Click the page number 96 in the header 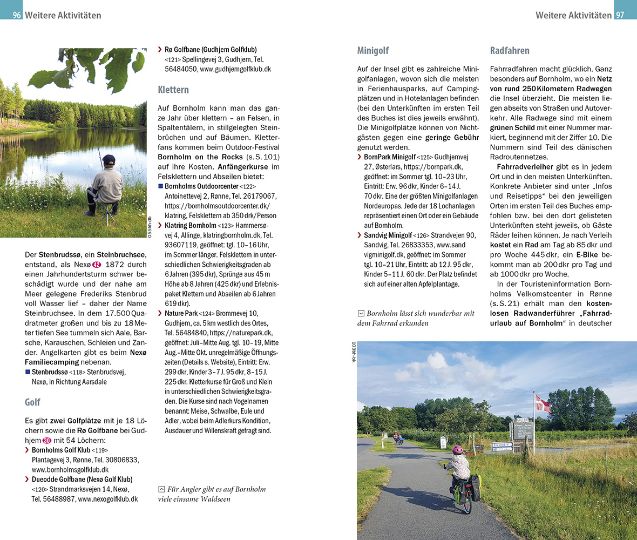(x=17, y=15)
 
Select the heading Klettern (x=173, y=89)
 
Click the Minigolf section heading (x=373, y=51)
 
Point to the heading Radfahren (x=510, y=51)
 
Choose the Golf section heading (x=32, y=402)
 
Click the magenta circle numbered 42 (x=96, y=265)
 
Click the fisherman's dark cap (x=109, y=159)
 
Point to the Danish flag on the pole (x=542, y=402)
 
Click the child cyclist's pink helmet (x=458, y=449)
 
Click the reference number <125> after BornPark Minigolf (x=424, y=157)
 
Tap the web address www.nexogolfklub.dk (x=107, y=499)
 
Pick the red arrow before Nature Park (x=160, y=313)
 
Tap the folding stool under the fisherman (x=109, y=212)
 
